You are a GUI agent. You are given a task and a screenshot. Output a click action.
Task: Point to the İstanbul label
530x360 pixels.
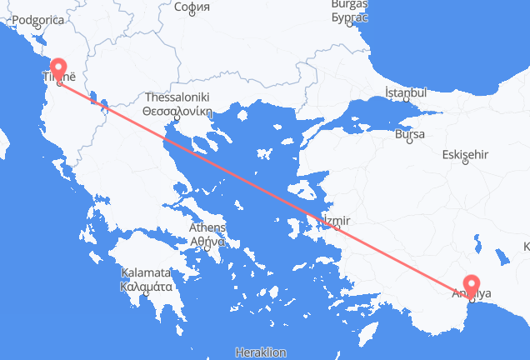406,92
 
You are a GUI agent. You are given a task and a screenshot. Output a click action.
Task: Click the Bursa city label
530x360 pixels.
410,134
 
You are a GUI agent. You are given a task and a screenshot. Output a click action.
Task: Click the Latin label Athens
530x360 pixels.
207,228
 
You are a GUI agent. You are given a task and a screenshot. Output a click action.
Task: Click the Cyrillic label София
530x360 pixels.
192,7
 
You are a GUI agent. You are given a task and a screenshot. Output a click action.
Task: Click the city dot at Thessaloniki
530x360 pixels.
177,121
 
